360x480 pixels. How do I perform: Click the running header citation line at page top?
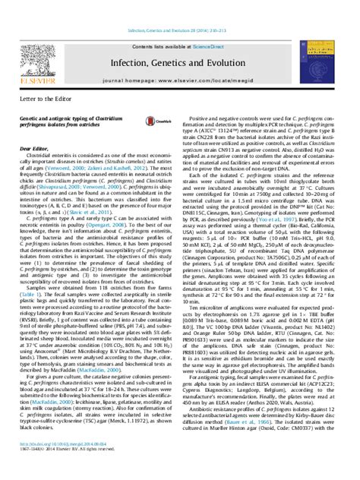[181, 8]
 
